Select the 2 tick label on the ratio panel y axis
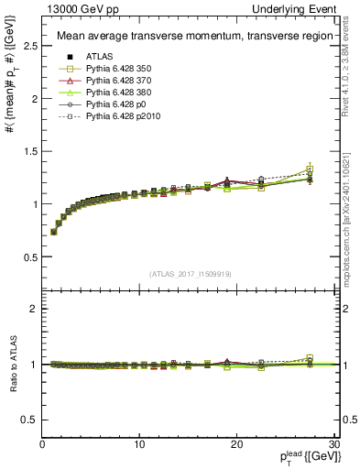[34, 309]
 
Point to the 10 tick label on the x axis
[139, 444]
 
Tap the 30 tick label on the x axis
[333, 444]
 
